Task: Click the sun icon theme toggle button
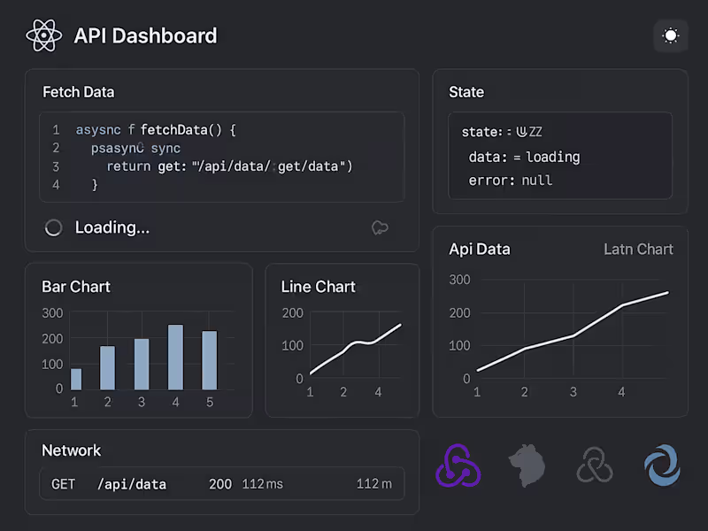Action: (x=671, y=36)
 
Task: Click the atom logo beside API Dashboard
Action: (x=43, y=36)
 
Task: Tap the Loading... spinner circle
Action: (x=53, y=227)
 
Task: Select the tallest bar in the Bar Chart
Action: (x=175, y=357)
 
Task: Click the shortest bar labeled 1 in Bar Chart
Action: (x=75, y=379)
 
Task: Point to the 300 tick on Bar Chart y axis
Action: (x=52, y=312)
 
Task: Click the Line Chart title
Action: (x=318, y=287)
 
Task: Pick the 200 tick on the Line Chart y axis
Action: (x=292, y=312)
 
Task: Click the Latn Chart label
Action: (x=638, y=250)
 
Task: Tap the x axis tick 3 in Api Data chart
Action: (x=573, y=392)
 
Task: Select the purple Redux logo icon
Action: (x=458, y=466)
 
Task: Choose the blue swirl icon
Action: (x=663, y=466)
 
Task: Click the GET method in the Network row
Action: (x=64, y=484)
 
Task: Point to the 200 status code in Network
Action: (x=220, y=484)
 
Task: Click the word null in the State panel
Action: (x=536, y=180)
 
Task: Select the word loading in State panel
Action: (x=552, y=157)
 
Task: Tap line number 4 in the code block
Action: (x=56, y=185)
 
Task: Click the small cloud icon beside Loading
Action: (x=380, y=227)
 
